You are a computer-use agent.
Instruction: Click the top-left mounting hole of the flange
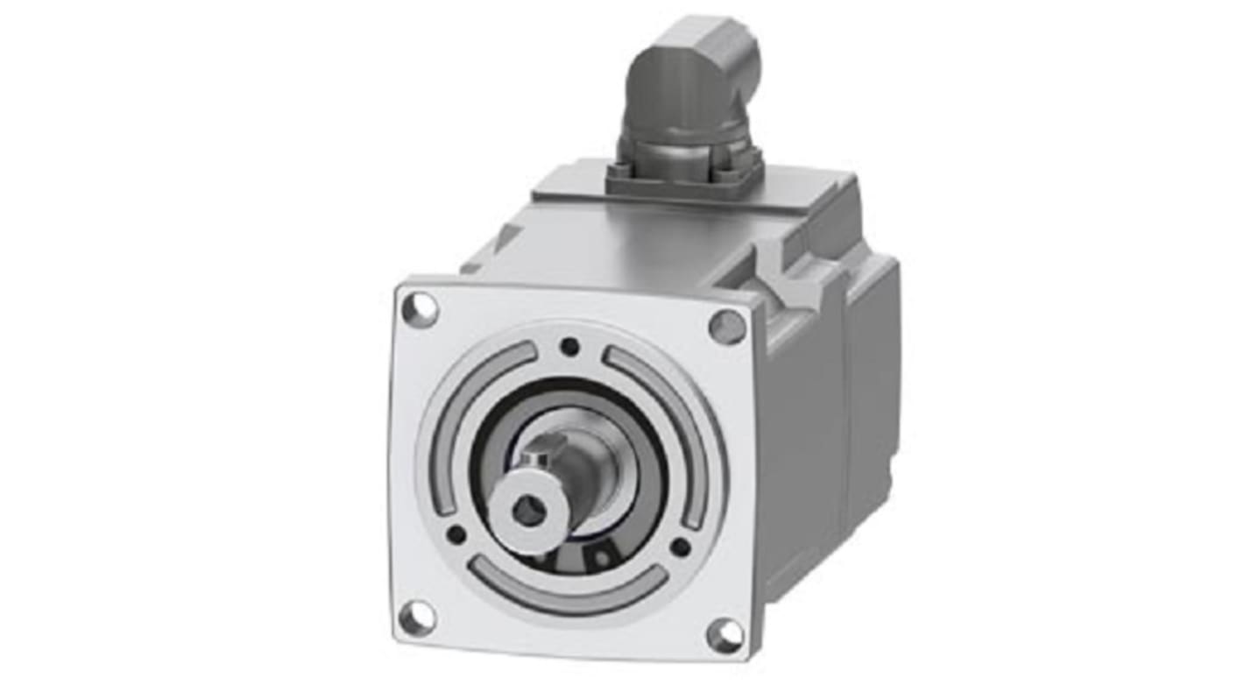pos(420,309)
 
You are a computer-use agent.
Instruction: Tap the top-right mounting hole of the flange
pos(727,328)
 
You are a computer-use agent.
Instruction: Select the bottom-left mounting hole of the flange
pos(416,617)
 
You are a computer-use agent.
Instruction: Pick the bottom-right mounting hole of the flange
pos(724,635)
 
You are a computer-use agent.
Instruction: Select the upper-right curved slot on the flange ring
pos(666,420)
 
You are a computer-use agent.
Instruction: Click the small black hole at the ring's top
pos(570,347)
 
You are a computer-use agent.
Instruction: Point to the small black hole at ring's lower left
pos(456,533)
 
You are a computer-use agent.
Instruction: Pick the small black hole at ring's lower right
pos(680,547)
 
